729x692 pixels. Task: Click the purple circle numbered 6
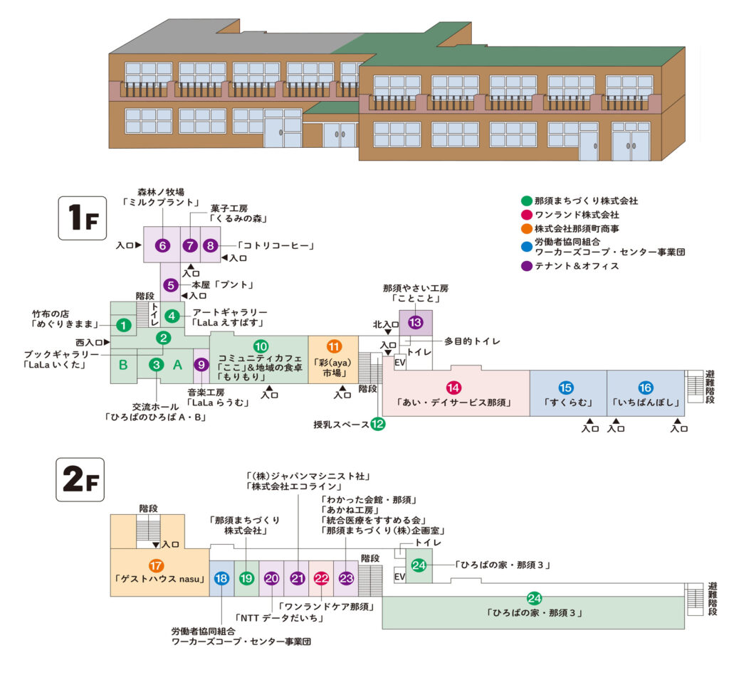[162, 245]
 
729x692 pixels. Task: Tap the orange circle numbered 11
[334, 346]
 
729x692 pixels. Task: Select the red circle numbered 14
[453, 388]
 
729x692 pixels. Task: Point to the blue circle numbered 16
[646, 388]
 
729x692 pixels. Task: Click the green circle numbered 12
[378, 425]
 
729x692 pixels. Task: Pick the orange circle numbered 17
[157, 566]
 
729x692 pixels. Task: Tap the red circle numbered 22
[321, 578]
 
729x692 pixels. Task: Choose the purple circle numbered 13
[415, 322]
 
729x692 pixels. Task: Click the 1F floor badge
[82, 220]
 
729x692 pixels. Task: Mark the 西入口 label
[90, 342]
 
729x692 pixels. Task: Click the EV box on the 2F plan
[399, 577]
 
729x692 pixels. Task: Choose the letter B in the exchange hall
[123, 365]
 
